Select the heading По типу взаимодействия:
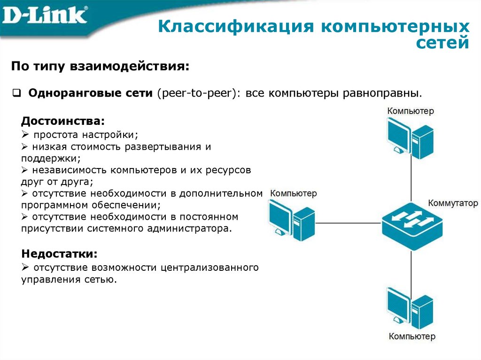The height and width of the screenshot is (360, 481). [x=101, y=66]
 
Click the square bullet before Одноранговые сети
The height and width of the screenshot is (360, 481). [x=16, y=92]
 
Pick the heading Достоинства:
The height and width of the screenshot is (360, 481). [x=63, y=121]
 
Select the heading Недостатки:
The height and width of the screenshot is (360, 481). [x=60, y=254]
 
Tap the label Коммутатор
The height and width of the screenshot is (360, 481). [x=452, y=204]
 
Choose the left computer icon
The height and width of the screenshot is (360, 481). [x=292, y=219]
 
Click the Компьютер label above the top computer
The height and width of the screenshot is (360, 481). [x=411, y=111]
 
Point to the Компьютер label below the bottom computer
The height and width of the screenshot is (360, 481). [x=411, y=336]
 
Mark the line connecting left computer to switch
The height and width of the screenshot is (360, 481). [x=348, y=223]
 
